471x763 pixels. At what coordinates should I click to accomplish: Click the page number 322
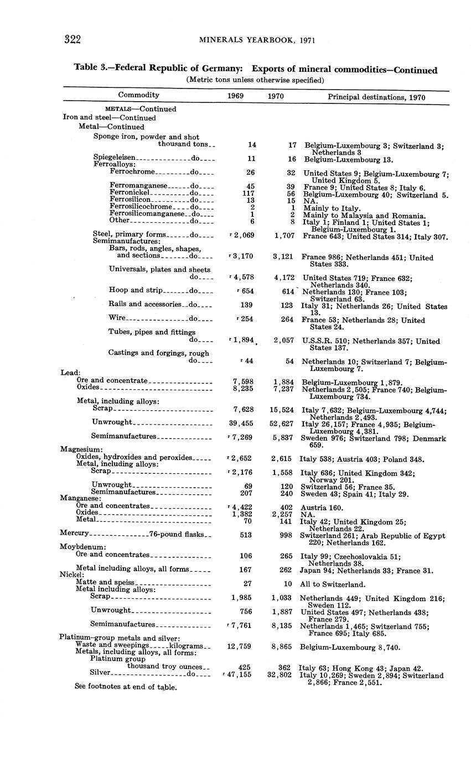pos(73,39)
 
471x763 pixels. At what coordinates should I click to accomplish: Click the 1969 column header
pos(236,96)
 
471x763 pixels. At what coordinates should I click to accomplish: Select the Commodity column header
pos(138,95)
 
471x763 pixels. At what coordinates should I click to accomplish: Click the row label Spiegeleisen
pos(114,158)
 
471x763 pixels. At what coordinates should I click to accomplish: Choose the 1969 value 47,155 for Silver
pos(239,675)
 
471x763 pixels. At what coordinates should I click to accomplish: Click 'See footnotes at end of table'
pos(126,687)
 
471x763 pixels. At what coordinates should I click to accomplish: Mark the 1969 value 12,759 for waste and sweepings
pos(240,646)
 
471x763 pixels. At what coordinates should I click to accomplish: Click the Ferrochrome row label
pos(132,172)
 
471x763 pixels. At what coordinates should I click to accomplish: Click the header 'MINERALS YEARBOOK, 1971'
pos(255,40)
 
